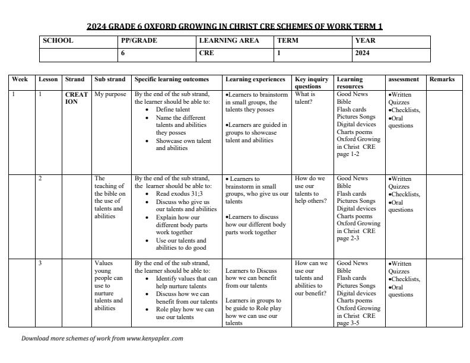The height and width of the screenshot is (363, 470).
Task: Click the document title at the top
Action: pyautogui.click(x=234, y=26)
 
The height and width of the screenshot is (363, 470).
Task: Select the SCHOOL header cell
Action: pyautogui.click(x=58, y=41)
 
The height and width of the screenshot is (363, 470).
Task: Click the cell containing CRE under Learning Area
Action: pyautogui.click(x=207, y=53)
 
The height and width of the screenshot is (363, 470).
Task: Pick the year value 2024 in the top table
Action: pyautogui.click(x=362, y=53)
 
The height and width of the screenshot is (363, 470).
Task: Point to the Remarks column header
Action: pyautogui.click(x=442, y=79)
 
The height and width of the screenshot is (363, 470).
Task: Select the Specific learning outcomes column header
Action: pyautogui.click(x=172, y=79)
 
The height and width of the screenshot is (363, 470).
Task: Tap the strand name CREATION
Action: pyautogui.click(x=77, y=98)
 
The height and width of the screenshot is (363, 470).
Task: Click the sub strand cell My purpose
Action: pyautogui.click(x=110, y=94)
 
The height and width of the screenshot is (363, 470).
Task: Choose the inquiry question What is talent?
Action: pyautogui.click(x=305, y=98)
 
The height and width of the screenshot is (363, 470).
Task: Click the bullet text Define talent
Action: pyautogui.click(x=173, y=110)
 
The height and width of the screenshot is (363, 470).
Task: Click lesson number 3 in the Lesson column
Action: pyautogui.click(x=40, y=263)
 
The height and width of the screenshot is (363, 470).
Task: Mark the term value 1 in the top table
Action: pyautogui.click(x=279, y=53)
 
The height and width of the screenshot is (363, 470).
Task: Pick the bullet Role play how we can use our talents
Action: pyautogui.click(x=185, y=313)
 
